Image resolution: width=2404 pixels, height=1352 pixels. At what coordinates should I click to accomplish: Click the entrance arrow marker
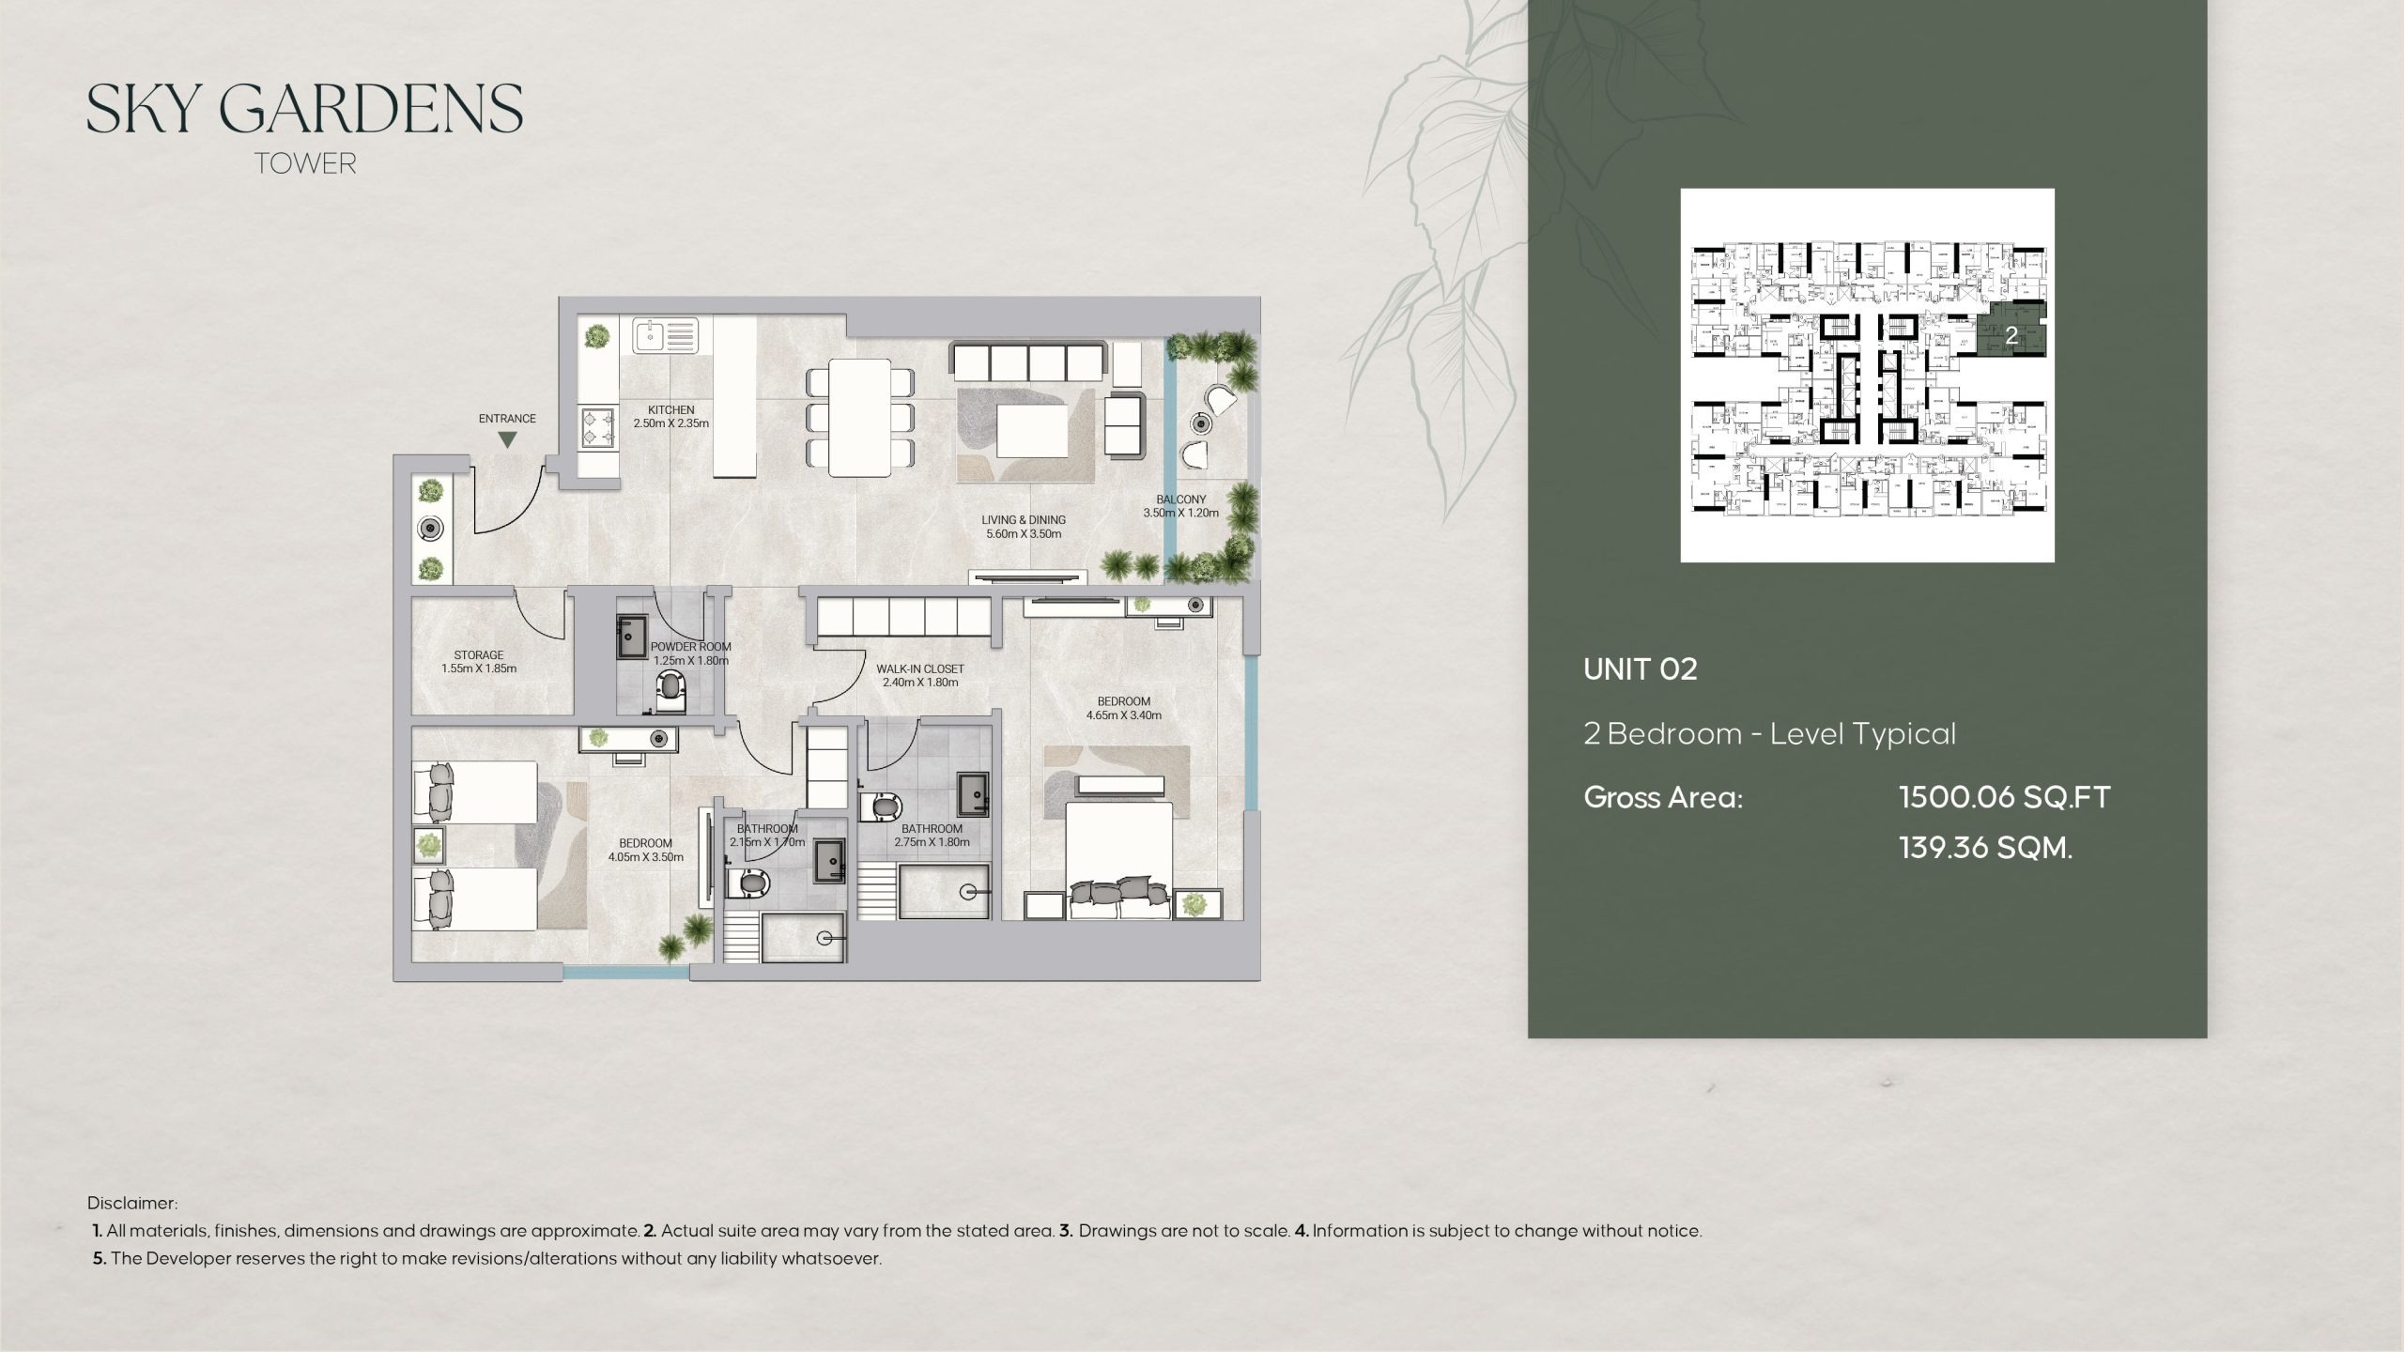click(x=507, y=439)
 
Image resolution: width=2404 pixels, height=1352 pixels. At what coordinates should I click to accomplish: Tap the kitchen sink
click(x=665, y=335)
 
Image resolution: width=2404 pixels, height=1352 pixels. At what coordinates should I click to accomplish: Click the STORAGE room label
click(x=479, y=662)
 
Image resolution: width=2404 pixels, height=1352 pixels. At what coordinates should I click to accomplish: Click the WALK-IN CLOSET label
click(x=920, y=676)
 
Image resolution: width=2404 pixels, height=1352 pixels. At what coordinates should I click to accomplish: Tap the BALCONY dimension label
click(x=1180, y=506)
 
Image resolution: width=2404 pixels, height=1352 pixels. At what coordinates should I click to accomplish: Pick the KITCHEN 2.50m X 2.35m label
click(x=670, y=417)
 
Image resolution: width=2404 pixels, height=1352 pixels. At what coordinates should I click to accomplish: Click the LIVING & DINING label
click(x=1024, y=527)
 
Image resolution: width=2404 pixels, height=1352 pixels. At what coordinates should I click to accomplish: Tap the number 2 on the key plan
click(x=2011, y=335)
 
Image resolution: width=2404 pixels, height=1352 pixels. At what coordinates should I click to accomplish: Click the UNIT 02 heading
click(x=1640, y=669)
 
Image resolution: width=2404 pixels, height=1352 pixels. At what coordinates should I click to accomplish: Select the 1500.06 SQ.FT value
click(x=2004, y=798)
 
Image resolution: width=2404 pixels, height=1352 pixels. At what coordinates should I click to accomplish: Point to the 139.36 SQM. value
click(x=1985, y=848)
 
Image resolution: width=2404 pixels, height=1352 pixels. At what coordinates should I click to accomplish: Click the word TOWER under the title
click(x=305, y=163)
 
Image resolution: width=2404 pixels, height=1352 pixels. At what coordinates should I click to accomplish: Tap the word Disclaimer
click(x=131, y=1203)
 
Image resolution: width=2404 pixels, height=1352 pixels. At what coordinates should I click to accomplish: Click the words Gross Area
click(x=1662, y=798)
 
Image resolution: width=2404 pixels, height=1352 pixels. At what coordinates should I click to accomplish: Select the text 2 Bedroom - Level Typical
click(x=1769, y=733)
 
